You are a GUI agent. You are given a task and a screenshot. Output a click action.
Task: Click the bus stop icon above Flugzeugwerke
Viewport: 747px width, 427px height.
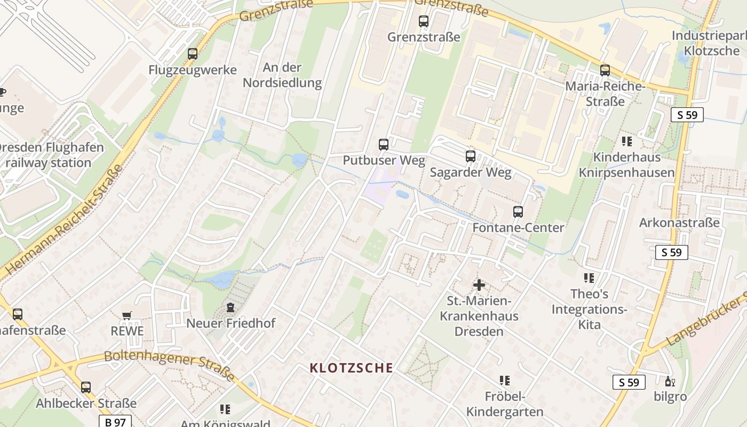click(193, 54)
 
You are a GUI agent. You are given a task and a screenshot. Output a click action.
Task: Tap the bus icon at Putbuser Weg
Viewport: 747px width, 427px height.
click(383, 144)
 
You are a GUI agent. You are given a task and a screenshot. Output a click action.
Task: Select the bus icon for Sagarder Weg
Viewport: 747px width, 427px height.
click(470, 156)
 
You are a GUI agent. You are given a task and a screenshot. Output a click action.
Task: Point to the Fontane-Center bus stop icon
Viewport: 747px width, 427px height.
click(518, 211)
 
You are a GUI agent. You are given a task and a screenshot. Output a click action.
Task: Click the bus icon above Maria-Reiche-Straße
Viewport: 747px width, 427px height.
click(605, 70)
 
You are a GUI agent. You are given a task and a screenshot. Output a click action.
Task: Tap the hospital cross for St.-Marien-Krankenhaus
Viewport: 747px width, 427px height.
click(479, 285)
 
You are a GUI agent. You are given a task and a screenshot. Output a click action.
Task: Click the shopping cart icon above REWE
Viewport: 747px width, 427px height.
click(127, 315)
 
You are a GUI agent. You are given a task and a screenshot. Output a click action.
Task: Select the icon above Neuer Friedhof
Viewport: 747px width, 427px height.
click(231, 307)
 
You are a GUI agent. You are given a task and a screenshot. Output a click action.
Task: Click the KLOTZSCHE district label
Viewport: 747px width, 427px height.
click(352, 368)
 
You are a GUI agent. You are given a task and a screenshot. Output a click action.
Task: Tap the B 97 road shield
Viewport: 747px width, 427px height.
click(115, 422)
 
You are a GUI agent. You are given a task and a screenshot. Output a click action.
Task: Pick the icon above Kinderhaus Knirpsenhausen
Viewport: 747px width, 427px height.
click(626, 141)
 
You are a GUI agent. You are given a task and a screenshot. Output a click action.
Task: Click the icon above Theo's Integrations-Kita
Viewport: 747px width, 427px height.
click(589, 278)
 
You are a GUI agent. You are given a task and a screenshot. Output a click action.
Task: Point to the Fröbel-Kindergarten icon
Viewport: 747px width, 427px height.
click(504, 381)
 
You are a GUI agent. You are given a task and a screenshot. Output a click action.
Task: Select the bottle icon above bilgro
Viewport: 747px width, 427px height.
click(670, 381)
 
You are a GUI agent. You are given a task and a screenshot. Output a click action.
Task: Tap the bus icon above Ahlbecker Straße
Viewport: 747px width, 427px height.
click(86, 387)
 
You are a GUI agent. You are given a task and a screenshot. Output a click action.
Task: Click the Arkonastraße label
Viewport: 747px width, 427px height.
click(679, 223)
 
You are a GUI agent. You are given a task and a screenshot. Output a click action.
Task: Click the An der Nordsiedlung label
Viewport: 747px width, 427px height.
click(282, 75)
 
